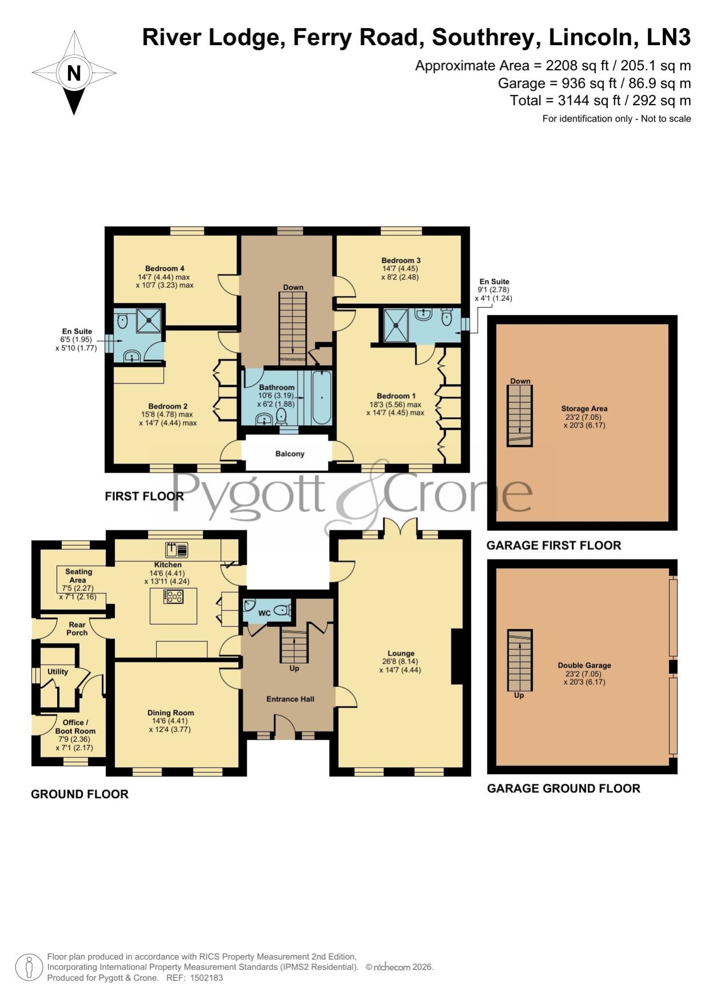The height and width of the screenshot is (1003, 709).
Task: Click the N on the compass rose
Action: tap(74, 73)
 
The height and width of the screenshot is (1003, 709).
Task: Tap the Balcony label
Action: tap(290, 454)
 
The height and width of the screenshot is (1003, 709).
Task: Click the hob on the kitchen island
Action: tap(174, 597)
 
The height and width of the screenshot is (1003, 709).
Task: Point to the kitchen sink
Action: tap(177, 550)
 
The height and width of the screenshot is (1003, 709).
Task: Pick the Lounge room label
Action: tap(401, 653)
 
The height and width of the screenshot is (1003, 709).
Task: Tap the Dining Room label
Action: tap(171, 713)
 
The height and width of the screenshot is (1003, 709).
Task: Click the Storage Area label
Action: tap(584, 409)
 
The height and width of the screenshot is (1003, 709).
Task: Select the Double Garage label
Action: tap(584, 665)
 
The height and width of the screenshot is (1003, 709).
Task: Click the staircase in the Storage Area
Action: tap(519, 415)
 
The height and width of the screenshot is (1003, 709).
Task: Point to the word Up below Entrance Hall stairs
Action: tap(294, 668)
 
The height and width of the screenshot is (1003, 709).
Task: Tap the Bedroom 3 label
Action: tap(401, 261)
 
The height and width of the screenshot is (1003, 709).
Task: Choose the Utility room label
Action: tap(58, 672)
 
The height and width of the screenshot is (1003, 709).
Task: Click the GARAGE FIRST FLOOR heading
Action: tap(554, 545)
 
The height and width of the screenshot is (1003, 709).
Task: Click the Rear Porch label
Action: tap(77, 629)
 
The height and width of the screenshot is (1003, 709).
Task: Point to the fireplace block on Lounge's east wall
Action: tap(458, 657)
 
